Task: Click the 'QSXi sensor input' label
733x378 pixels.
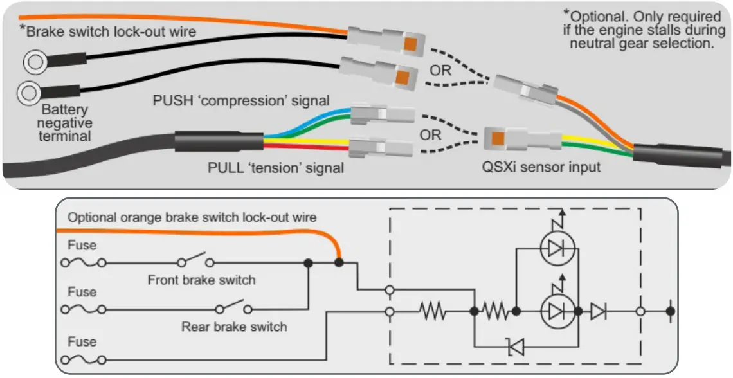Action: (x=541, y=167)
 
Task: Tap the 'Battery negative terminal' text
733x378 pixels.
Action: (x=67, y=123)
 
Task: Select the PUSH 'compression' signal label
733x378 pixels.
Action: (x=241, y=100)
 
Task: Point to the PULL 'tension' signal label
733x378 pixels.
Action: (x=276, y=168)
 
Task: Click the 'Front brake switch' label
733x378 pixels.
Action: (x=201, y=280)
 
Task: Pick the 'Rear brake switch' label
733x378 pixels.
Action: (x=234, y=327)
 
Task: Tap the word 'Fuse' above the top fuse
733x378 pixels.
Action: (x=82, y=245)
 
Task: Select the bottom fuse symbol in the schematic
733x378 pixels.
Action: (x=84, y=359)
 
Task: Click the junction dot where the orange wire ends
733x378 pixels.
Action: (x=339, y=262)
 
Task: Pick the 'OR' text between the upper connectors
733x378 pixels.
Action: (x=441, y=70)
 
